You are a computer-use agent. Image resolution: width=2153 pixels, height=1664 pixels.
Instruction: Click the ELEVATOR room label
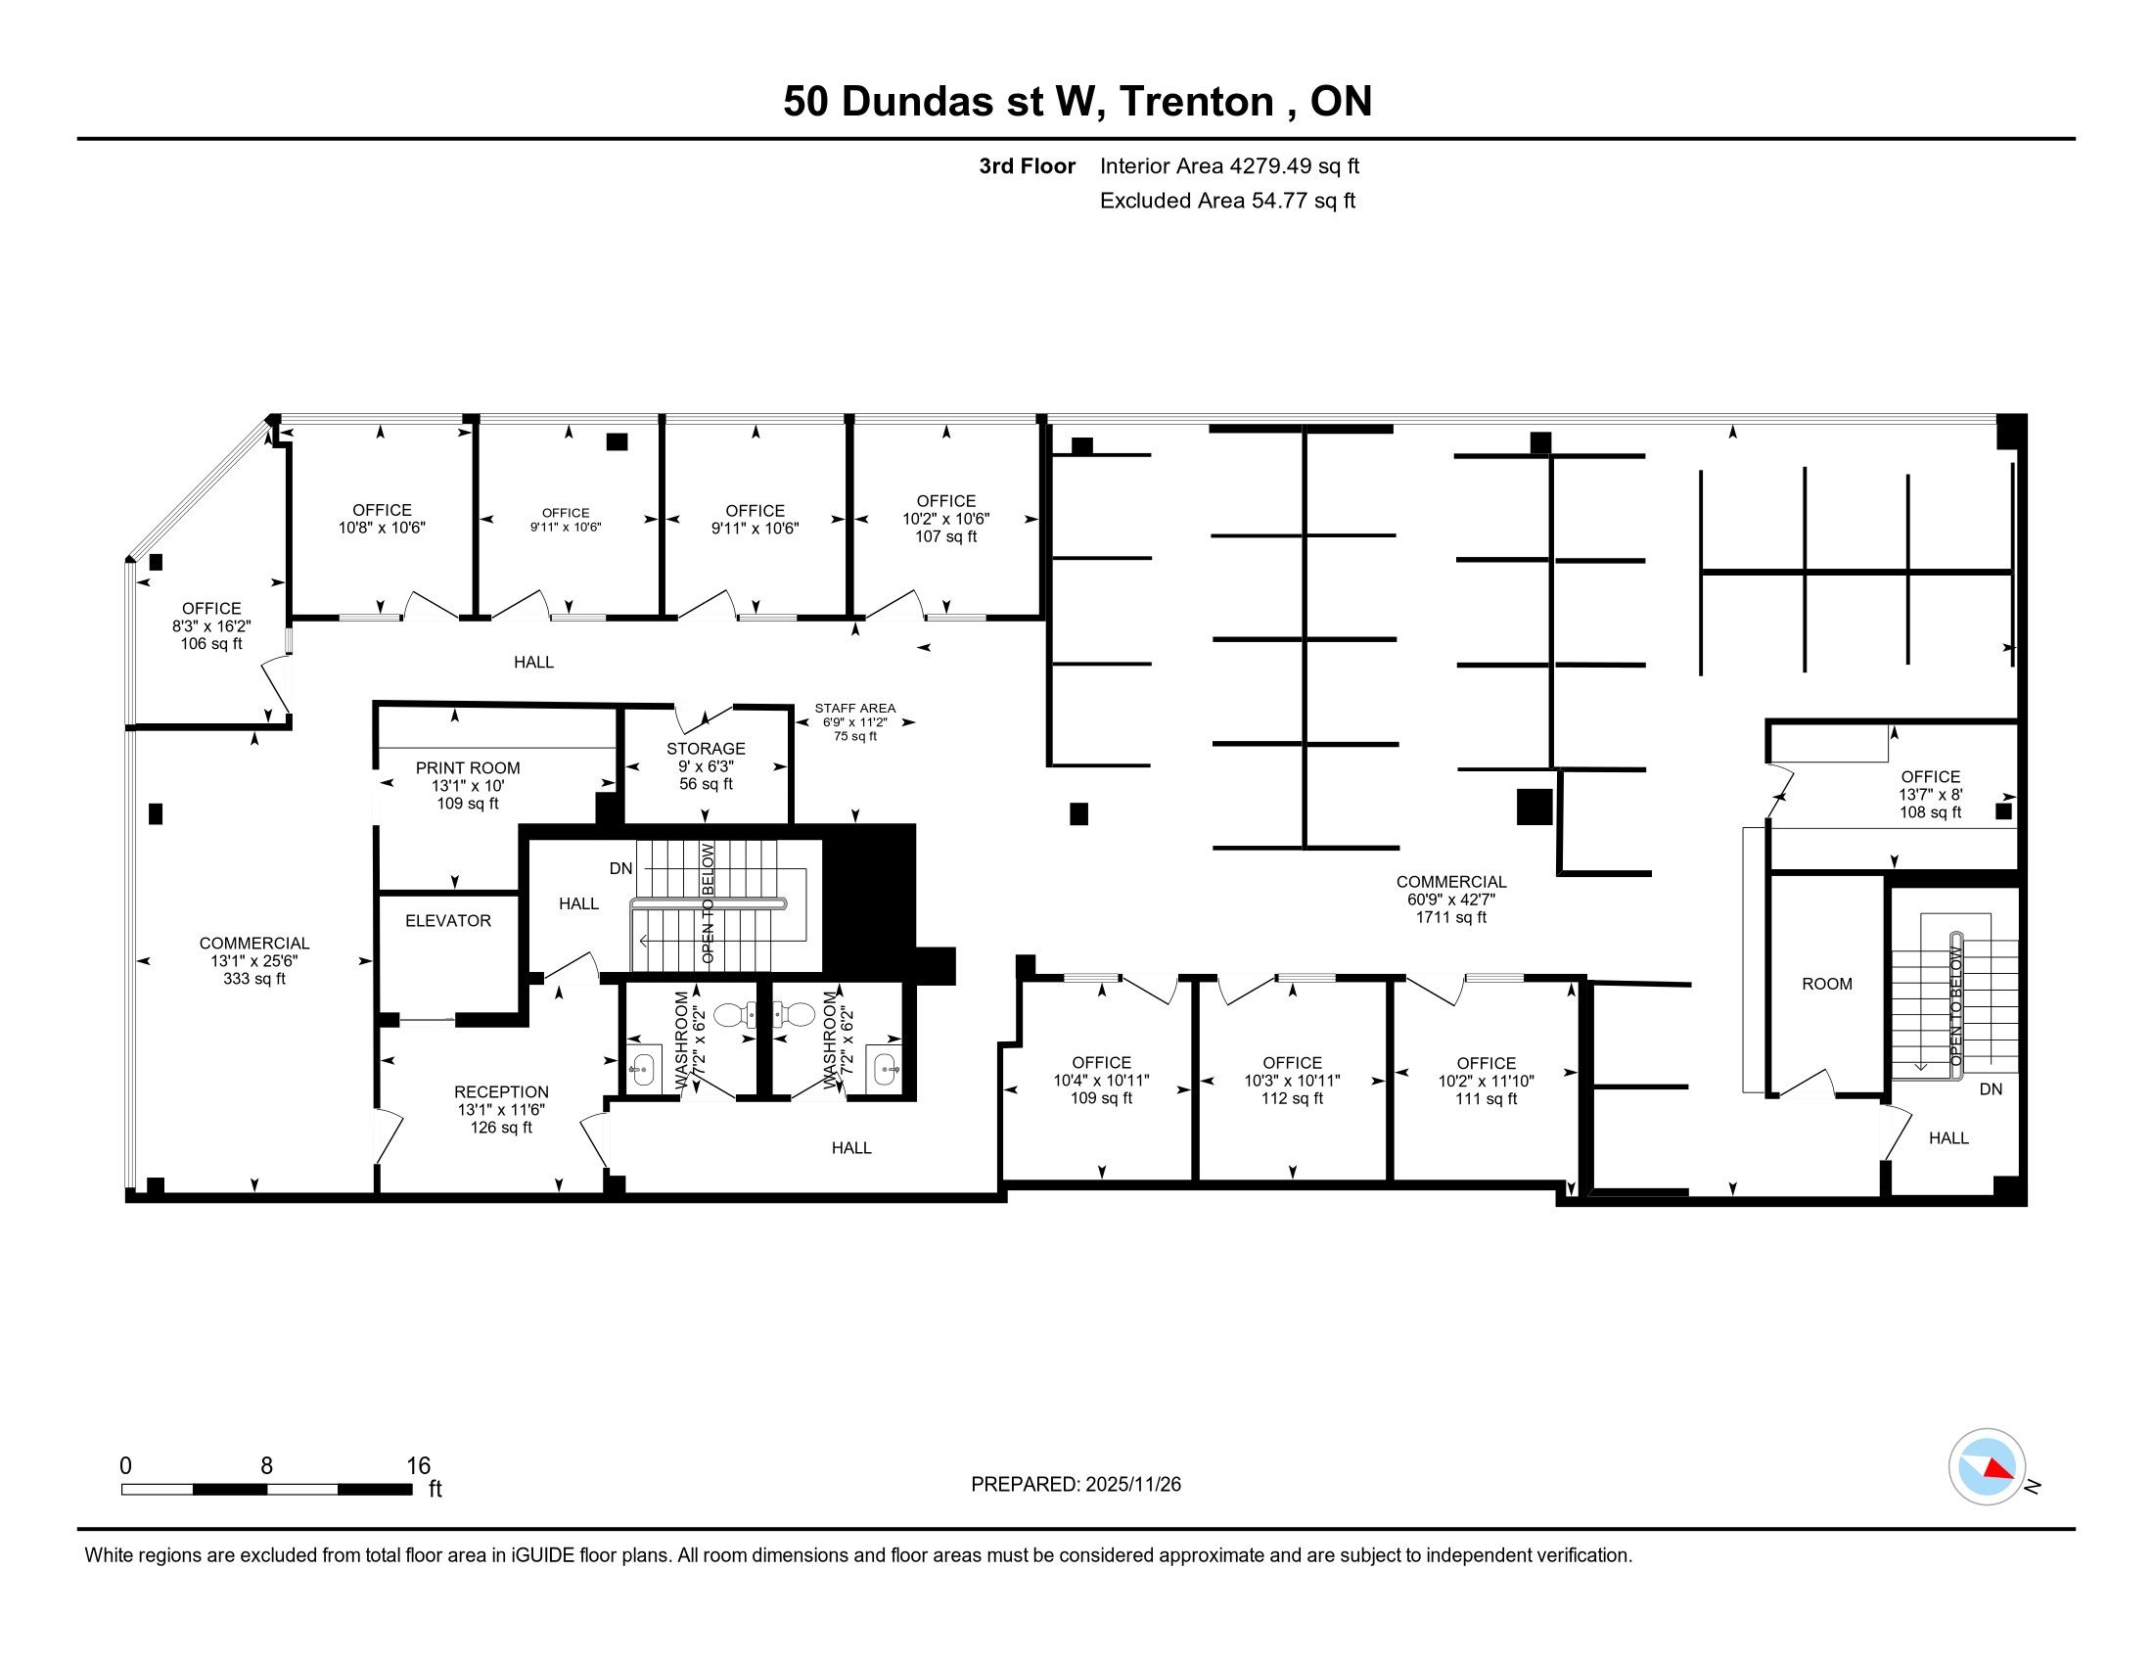click(x=447, y=921)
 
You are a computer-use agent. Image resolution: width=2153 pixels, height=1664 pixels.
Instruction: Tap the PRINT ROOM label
click(x=467, y=768)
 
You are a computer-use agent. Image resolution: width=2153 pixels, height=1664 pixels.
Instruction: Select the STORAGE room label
click(x=706, y=749)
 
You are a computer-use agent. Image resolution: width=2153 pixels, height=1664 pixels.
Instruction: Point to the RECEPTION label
click(x=501, y=1092)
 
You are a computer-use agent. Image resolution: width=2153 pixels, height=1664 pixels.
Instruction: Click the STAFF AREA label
click(x=854, y=708)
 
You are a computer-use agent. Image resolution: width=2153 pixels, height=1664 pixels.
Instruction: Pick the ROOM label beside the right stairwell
click(x=1827, y=984)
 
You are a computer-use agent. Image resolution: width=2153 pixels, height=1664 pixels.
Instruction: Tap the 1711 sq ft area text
click(x=1451, y=917)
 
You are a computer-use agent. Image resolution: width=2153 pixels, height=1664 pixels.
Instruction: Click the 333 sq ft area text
click(x=254, y=979)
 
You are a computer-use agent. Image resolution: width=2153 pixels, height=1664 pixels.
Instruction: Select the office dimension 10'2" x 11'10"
click(x=1486, y=1081)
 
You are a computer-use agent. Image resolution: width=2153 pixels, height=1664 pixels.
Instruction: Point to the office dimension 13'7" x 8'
click(x=1930, y=795)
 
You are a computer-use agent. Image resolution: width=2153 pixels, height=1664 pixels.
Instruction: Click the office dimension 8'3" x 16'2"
click(x=211, y=626)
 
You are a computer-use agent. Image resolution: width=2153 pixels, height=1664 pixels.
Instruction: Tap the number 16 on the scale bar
click(x=419, y=1466)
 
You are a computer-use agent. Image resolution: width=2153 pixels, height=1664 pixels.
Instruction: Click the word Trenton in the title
click(x=1196, y=102)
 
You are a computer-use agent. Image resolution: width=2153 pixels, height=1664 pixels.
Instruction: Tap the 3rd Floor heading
click(x=1028, y=166)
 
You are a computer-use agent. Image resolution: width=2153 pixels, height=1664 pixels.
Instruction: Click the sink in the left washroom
click(x=643, y=1070)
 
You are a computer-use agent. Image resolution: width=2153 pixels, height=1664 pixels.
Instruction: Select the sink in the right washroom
click(x=885, y=1070)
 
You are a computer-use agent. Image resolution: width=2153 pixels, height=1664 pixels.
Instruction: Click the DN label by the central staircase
click(x=621, y=868)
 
